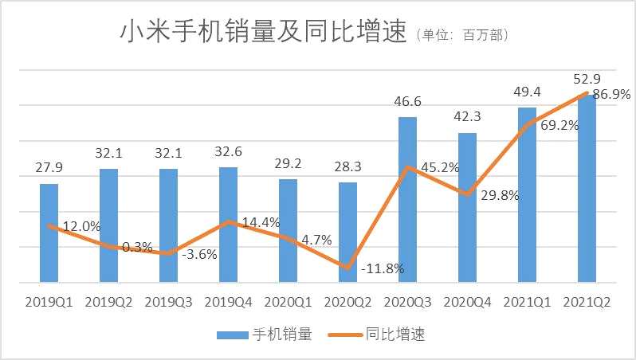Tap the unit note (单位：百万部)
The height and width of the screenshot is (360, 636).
(462, 36)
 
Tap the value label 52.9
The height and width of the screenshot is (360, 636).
(587, 79)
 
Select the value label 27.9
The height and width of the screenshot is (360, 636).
(49, 170)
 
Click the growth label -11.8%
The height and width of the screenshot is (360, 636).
(382, 269)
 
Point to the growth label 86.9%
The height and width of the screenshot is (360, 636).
(610, 94)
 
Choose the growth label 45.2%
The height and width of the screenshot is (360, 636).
(438, 168)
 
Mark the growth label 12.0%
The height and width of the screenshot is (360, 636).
(81, 226)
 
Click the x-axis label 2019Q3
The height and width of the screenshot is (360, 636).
(168, 303)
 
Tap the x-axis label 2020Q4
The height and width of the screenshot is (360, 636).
(467, 303)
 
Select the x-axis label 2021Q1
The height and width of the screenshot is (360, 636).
(527, 303)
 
